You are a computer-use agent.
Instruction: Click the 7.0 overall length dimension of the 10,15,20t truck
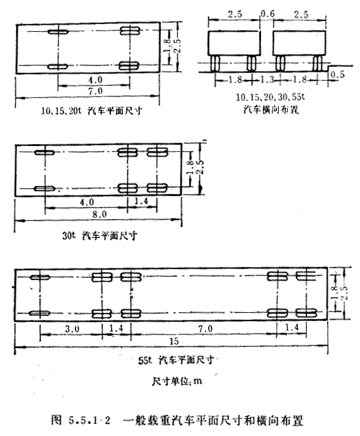coord(96,91)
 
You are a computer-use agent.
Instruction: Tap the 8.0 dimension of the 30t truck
coord(100,215)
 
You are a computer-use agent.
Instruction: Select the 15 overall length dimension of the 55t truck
coord(174,341)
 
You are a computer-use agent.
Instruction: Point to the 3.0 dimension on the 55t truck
coord(72,329)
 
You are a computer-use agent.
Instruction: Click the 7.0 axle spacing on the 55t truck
coord(205,329)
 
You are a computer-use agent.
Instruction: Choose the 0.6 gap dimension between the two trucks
coord(268,13)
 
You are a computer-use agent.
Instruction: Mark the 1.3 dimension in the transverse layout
coord(267,80)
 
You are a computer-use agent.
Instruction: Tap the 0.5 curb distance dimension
coord(338,74)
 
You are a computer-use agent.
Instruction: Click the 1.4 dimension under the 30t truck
coord(142,201)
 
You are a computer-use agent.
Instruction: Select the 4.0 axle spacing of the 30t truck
coord(87,202)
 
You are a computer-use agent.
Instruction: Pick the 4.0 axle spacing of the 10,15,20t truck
coord(95,80)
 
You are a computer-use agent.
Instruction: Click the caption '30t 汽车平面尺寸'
coord(100,236)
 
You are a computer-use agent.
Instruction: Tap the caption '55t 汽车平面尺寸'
coord(176,360)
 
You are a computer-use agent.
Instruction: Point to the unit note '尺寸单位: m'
coord(177,381)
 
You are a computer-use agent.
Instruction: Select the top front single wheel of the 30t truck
coord(44,152)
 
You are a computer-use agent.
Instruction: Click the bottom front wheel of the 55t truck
coord(39,314)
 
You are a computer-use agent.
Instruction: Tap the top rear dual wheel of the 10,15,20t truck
coord(130,31)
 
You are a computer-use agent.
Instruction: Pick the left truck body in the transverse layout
coord(234,43)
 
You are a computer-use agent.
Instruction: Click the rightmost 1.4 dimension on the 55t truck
coord(291,327)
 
